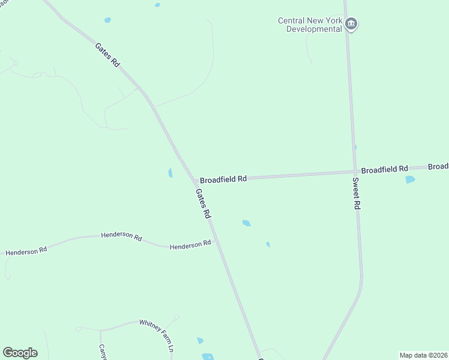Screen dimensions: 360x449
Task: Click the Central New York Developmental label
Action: [310, 25]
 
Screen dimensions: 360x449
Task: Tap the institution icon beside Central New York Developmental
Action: [352, 25]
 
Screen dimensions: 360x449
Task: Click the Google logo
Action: [20, 353]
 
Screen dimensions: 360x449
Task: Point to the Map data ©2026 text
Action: [423, 355]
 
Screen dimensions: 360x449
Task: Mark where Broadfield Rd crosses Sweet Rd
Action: [354, 172]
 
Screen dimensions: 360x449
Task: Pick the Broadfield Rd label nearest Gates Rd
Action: [223, 179]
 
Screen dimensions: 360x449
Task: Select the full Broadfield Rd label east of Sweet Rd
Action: [385, 170]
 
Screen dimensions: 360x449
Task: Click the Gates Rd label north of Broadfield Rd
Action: [107, 55]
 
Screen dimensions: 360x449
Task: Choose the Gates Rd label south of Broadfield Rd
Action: [203, 203]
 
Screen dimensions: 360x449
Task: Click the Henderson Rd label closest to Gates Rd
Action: [190, 244]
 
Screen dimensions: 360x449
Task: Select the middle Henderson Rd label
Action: [121, 236]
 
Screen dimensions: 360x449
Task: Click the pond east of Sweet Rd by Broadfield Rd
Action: [410, 179]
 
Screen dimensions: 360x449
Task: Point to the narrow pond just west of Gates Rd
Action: [170, 173]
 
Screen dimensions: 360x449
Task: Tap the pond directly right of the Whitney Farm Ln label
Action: [200, 341]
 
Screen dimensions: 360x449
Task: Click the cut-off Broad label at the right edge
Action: [439, 166]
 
